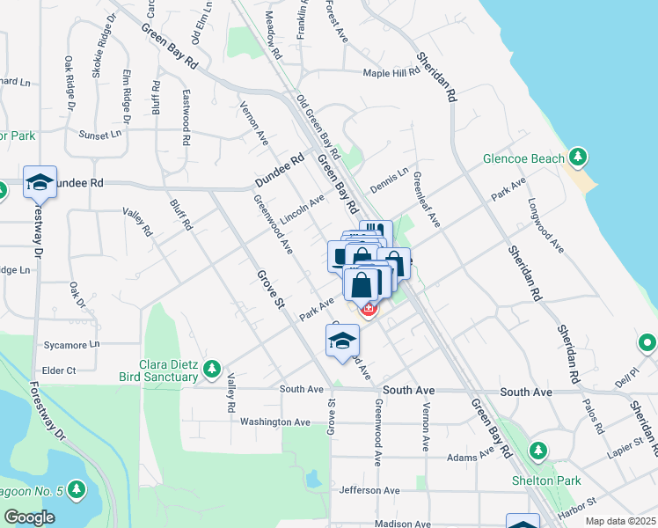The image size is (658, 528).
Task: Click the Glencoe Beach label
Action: (523, 159)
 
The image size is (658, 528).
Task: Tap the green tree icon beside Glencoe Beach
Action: (578, 158)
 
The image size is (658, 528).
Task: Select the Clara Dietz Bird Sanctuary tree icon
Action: (211, 370)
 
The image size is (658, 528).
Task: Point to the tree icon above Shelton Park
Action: (538, 451)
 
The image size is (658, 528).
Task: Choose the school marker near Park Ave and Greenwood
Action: (342, 341)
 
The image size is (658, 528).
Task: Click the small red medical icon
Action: (369, 309)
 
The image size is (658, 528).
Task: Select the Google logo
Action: (29, 517)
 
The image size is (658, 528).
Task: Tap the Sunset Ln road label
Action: (100, 135)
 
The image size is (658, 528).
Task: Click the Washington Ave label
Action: (275, 422)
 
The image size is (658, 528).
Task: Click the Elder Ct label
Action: (59, 370)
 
